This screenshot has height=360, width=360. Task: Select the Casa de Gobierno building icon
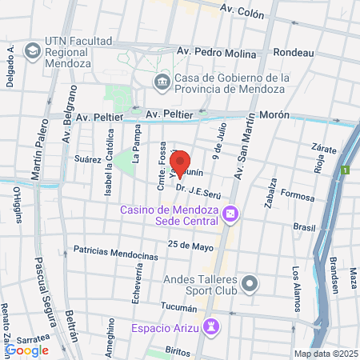(162, 80)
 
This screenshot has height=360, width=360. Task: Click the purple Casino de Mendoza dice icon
(230, 214)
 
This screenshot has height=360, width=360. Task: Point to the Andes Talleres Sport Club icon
(250, 283)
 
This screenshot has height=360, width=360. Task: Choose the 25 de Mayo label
(189, 245)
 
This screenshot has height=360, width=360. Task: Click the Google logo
(26, 350)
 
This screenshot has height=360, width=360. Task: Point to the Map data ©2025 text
(323, 353)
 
